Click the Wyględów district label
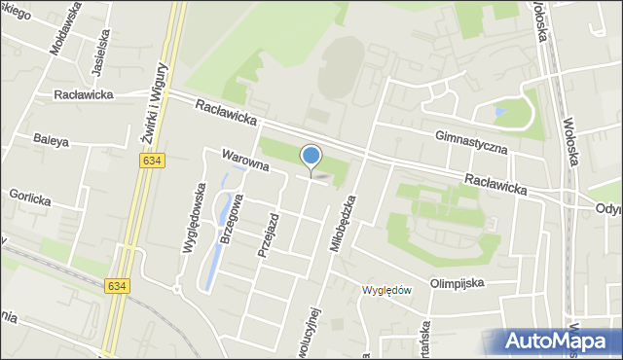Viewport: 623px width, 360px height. tap(388, 290)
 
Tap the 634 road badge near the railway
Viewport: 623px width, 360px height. tap(117, 285)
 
